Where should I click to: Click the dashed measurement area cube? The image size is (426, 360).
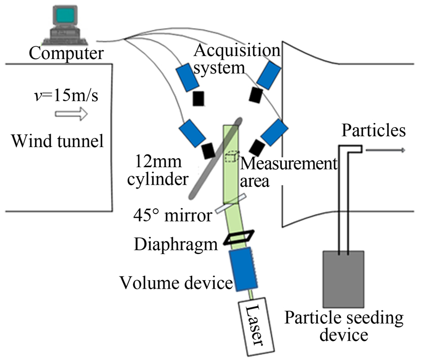pos(231,157)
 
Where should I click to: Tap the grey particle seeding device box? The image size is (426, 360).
pos(343,278)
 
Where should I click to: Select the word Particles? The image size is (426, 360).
pos(374,130)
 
